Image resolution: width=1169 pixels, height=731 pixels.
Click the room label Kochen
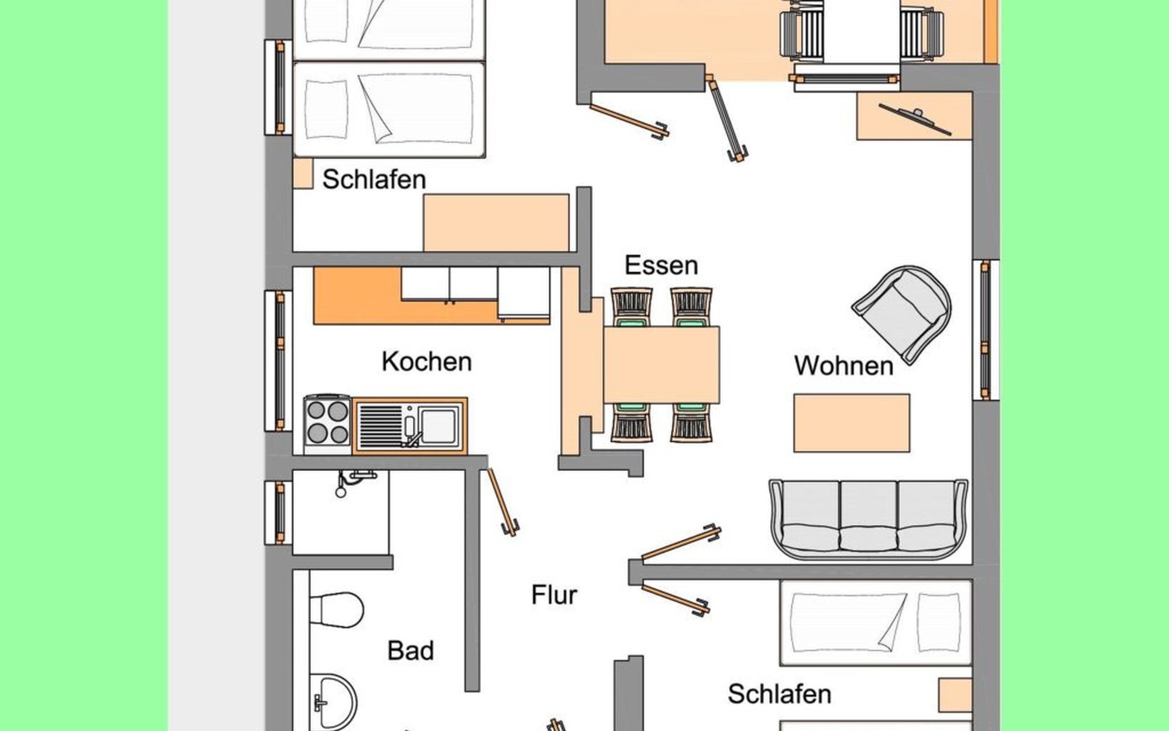(x=426, y=361)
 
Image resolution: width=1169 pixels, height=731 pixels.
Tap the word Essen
(x=661, y=265)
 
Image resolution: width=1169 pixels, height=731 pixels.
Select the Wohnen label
(x=844, y=365)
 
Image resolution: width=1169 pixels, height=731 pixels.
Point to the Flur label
(x=553, y=595)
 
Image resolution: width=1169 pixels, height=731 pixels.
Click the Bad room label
(x=410, y=651)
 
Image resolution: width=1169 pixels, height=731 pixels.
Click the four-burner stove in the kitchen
(x=328, y=424)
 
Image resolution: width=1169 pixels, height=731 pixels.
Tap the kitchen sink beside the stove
(x=410, y=426)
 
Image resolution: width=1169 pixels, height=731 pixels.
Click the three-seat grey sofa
(x=868, y=518)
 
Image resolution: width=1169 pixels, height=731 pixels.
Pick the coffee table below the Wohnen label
(x=852, y=423)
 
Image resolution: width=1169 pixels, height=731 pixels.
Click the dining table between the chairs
(x=661, y=365)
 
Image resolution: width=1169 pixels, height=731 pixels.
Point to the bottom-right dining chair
(x=692, y=422)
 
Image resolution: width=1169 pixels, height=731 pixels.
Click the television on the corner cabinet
(x=915, y=119)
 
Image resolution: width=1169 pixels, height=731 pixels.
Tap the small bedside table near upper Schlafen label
(x=303, y=174)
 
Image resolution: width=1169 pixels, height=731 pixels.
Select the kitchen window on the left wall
(x=278, y=361)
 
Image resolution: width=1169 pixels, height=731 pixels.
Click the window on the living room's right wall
(x=986, y=330)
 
